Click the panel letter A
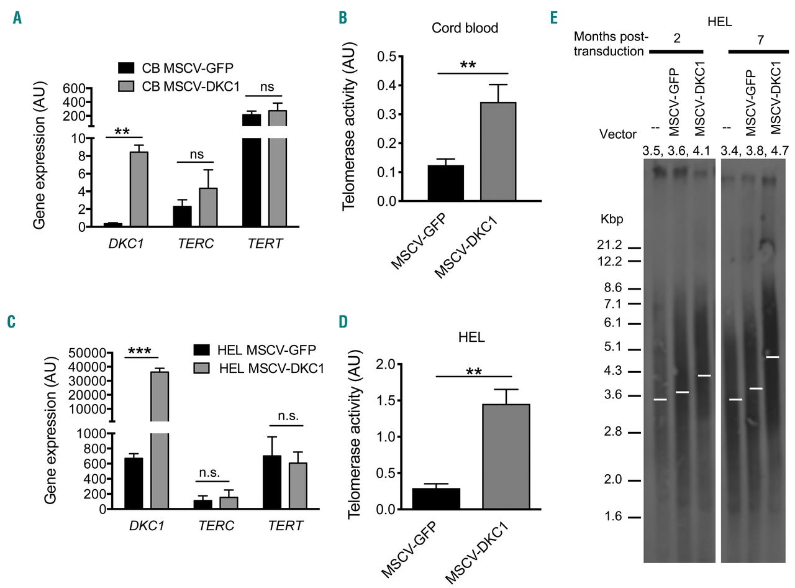tap(17, 18)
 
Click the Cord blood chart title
tap(465, 27)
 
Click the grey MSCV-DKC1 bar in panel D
tap(506, 456)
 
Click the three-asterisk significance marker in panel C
tap(143, 351)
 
